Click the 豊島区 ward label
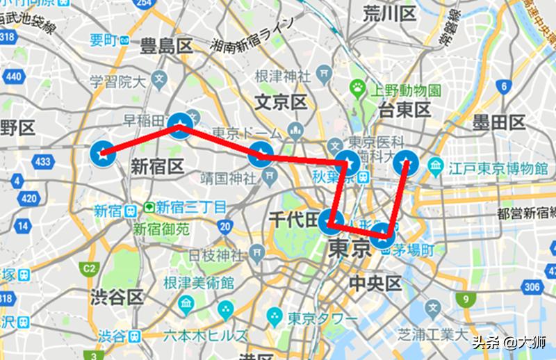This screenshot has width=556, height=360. (x=165, y=47)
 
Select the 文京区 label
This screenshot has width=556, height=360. (x=281, y=102)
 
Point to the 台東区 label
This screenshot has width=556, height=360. (x=405, y=108)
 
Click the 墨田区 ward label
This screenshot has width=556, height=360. (x=498, y=124)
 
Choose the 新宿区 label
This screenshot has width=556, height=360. (x=156, y=166)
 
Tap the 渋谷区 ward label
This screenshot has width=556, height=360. (x=116, y=297)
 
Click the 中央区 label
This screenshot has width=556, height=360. (x=376, y=283)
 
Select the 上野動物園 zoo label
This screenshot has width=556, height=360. (x=404, y=90)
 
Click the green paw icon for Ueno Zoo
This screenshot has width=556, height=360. (x=357, y=88)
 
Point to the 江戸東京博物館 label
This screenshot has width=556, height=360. (x=498, y=167)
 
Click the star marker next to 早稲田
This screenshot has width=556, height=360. (x=181, y=126)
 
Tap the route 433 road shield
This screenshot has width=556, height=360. (x=43, y=162)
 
